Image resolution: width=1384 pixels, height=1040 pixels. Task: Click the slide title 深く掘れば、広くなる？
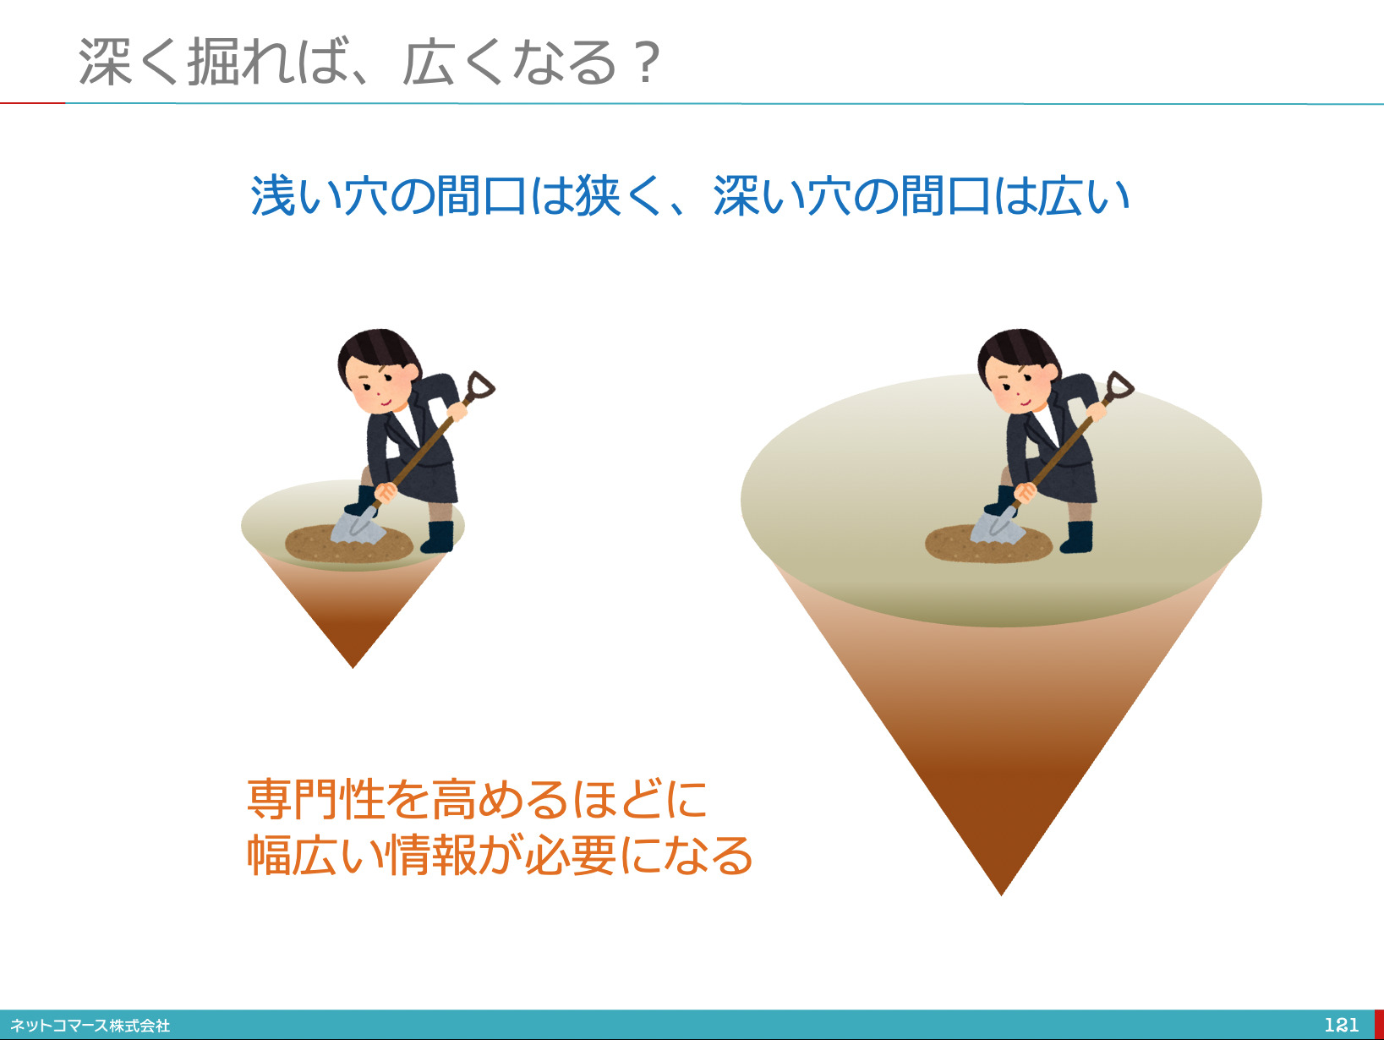369,62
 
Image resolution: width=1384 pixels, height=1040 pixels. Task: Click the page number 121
1341,1025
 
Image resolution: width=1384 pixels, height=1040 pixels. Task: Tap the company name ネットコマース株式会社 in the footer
90,1026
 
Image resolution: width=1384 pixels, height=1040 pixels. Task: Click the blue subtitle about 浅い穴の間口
690,196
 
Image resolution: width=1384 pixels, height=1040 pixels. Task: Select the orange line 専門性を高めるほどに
477,798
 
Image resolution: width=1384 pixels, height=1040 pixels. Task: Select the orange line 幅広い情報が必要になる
500,856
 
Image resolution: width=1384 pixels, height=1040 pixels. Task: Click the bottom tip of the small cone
353,667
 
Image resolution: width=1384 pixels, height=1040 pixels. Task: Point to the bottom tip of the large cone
1001,895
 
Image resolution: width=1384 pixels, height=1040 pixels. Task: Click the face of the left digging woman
375,386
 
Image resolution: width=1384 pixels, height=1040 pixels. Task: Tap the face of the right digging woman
1015,386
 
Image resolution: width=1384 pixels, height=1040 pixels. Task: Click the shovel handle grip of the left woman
480,385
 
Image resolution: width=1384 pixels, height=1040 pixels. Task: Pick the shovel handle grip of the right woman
1120,385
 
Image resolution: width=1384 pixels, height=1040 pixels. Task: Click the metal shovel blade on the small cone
358,526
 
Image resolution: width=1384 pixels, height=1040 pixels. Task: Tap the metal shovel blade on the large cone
997,526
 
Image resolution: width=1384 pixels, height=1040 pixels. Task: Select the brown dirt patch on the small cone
348,544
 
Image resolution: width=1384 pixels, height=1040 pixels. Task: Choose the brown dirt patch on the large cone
988,544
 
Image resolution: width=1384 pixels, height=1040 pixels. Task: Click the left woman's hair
378,350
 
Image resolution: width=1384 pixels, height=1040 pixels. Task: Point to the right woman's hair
1018,350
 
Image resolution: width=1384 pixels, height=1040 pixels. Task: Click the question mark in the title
647,62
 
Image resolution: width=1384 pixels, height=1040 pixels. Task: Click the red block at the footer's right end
1379,1025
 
